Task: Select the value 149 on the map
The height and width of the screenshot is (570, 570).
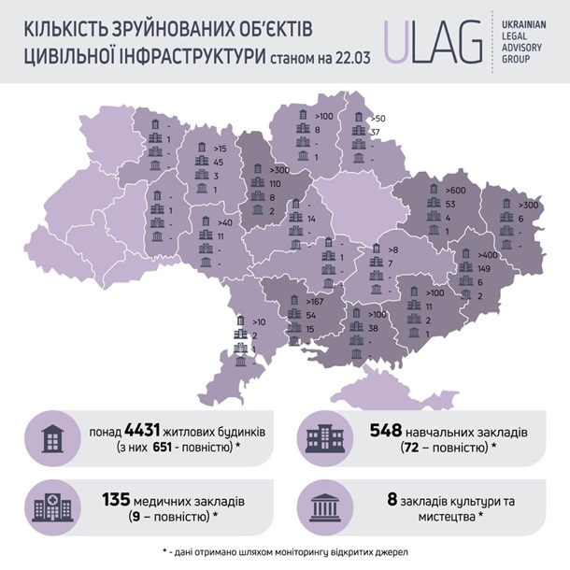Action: [486, 268]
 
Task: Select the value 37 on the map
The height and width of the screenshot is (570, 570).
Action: [375, 132]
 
